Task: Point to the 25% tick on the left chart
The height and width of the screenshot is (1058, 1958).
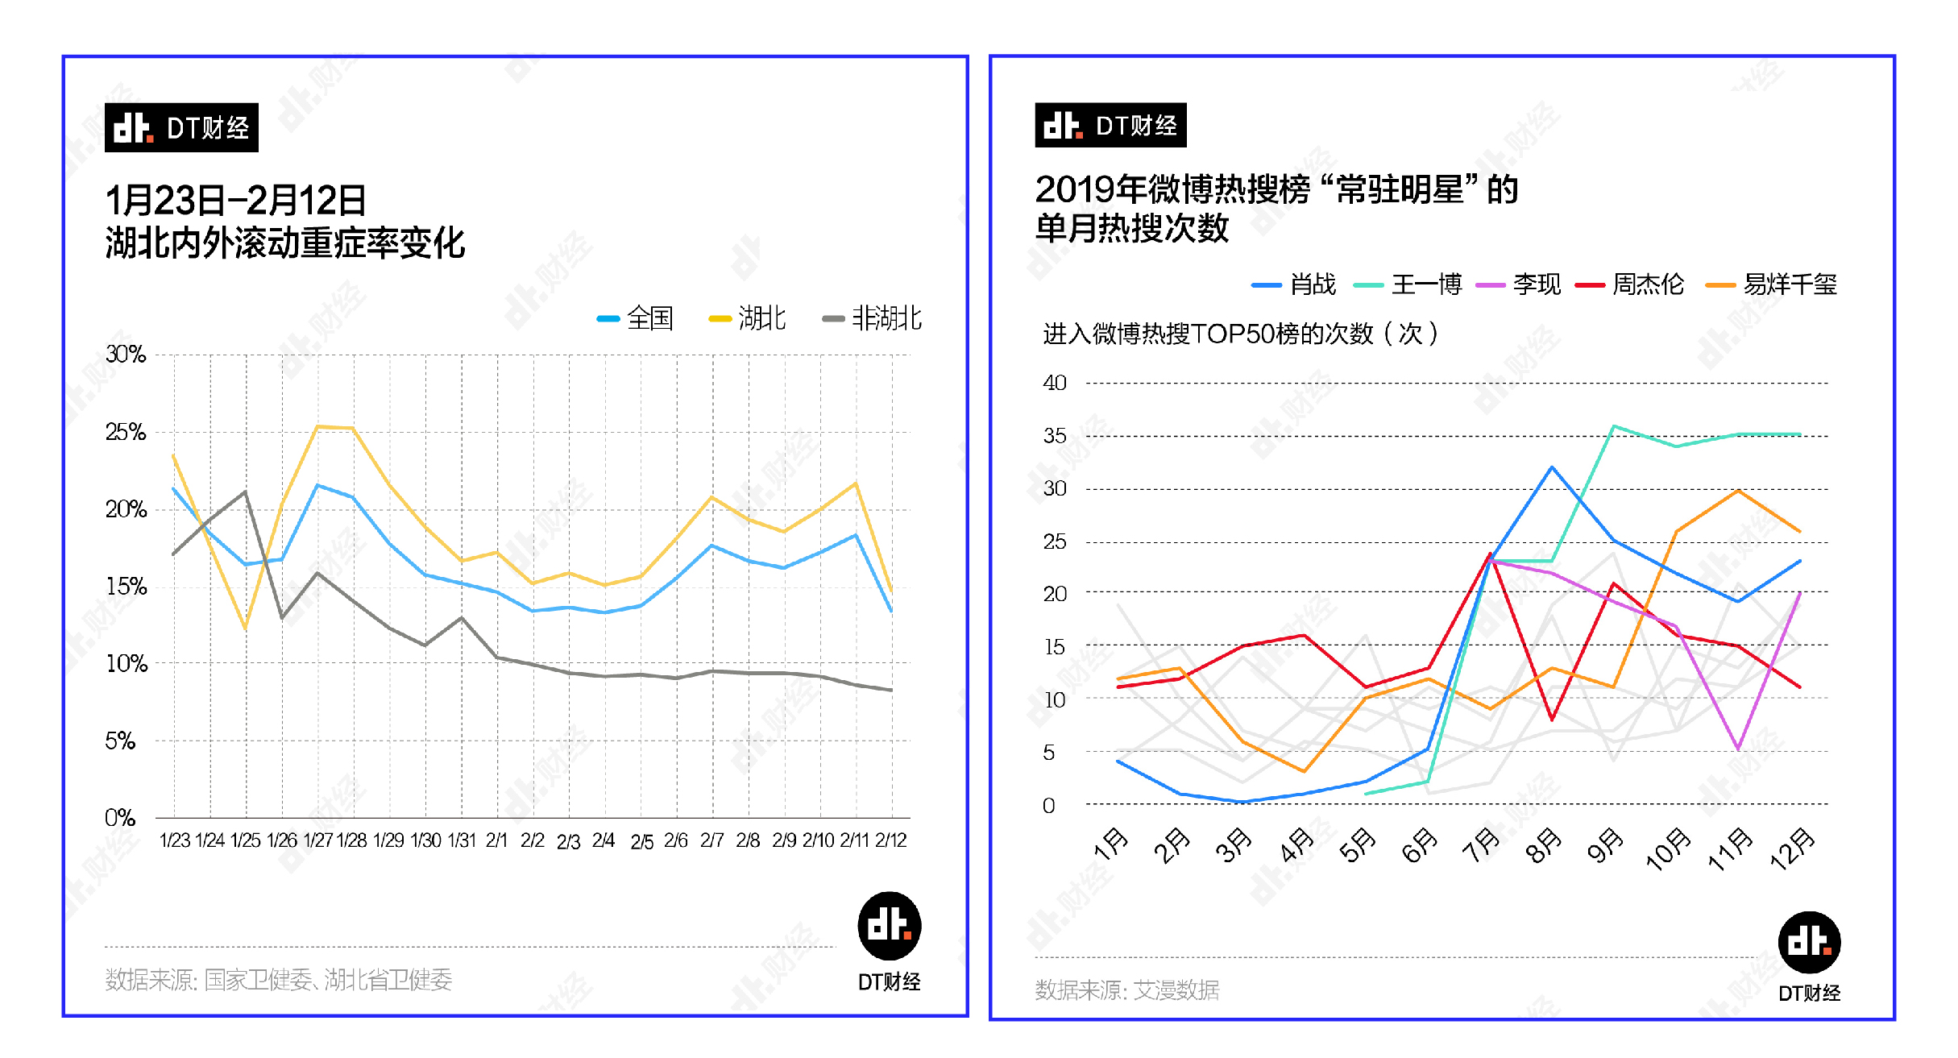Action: click(x=126, y=433)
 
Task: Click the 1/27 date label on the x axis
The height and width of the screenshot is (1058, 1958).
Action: click(x=317, y=840)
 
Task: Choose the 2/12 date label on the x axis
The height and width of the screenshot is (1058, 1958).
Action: click(x=891, y=840)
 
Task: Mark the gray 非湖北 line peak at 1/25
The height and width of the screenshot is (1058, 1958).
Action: click(x=246, y=492)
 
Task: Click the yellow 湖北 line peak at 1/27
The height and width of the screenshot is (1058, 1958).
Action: click(x=318, y=426)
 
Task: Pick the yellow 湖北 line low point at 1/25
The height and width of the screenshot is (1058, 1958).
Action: click(x=245, y=628)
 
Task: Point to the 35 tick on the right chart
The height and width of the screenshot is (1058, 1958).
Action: click(x=1054, y=436)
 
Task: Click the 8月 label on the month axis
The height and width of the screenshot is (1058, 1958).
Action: click(x=1542, y=846)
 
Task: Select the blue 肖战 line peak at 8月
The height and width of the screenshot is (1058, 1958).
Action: click(x=1552, y=467)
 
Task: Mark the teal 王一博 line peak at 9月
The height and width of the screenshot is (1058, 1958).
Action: click(x=1614, y=426)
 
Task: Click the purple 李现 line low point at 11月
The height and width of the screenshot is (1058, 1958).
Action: click(x=1738, y=749)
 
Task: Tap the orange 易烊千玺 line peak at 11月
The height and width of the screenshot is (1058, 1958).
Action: click(x=1738, y=490)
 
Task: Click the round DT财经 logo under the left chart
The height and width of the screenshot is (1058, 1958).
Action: click(x=889, y=926)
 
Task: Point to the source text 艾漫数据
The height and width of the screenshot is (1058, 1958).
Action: click(x=1176, y=990)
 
